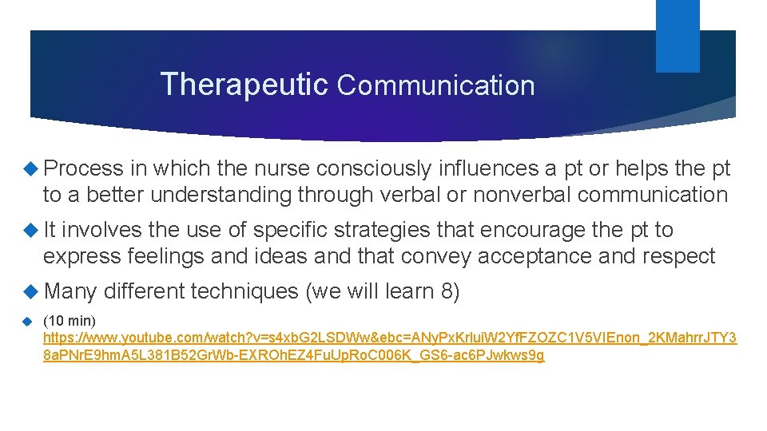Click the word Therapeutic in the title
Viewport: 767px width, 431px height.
click(244, 84)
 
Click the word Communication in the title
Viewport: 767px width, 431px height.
click(435, 85)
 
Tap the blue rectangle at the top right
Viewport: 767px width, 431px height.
click(678, 35)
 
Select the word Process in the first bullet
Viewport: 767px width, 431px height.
click(84, 168)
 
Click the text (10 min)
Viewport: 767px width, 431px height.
click(70, 321)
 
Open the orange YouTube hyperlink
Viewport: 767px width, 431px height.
click(389, 338)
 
